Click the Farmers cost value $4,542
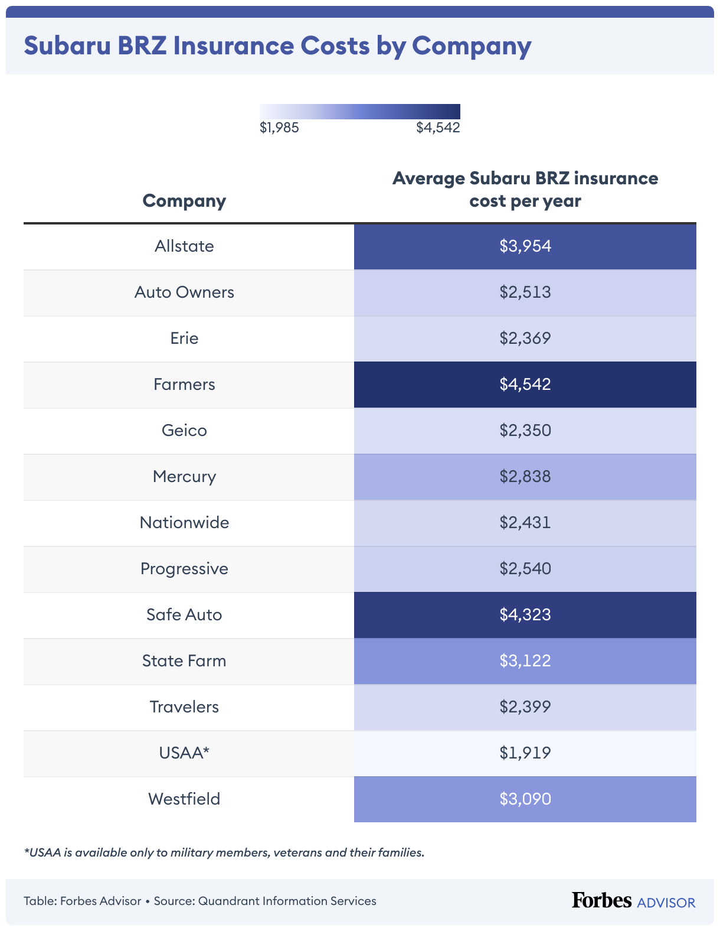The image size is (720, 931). [x=525, y=385]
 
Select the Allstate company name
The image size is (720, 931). [x=184, y=246]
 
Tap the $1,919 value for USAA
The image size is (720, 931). [x=525, y=753]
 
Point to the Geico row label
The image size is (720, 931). [x=184, y=431]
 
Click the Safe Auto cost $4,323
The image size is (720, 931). [x=525, y=615]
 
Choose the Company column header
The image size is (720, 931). [x=184, y=201]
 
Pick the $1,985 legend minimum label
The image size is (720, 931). [x=279, y=128]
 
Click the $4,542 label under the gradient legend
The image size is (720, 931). [x=438, y=128]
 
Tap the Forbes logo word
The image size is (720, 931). [x=601, y=900]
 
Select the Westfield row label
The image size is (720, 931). [x=184, y=799]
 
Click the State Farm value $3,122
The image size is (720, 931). [x=525, y=661]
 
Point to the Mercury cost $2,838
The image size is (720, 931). [x=525, y=477]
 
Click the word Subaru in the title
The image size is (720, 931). [x=67, y=46]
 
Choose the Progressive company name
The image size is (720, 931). [x=184, y=569]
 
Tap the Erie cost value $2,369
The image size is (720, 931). [x=525, y=338]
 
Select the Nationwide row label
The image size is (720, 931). [x=184, y=523]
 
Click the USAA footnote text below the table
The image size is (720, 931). [x=224, y=852]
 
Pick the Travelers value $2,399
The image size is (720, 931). [x=525, y=707]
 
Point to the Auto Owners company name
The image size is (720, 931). [x=184, y=292]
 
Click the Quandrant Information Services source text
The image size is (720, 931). [x=287, y=901]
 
